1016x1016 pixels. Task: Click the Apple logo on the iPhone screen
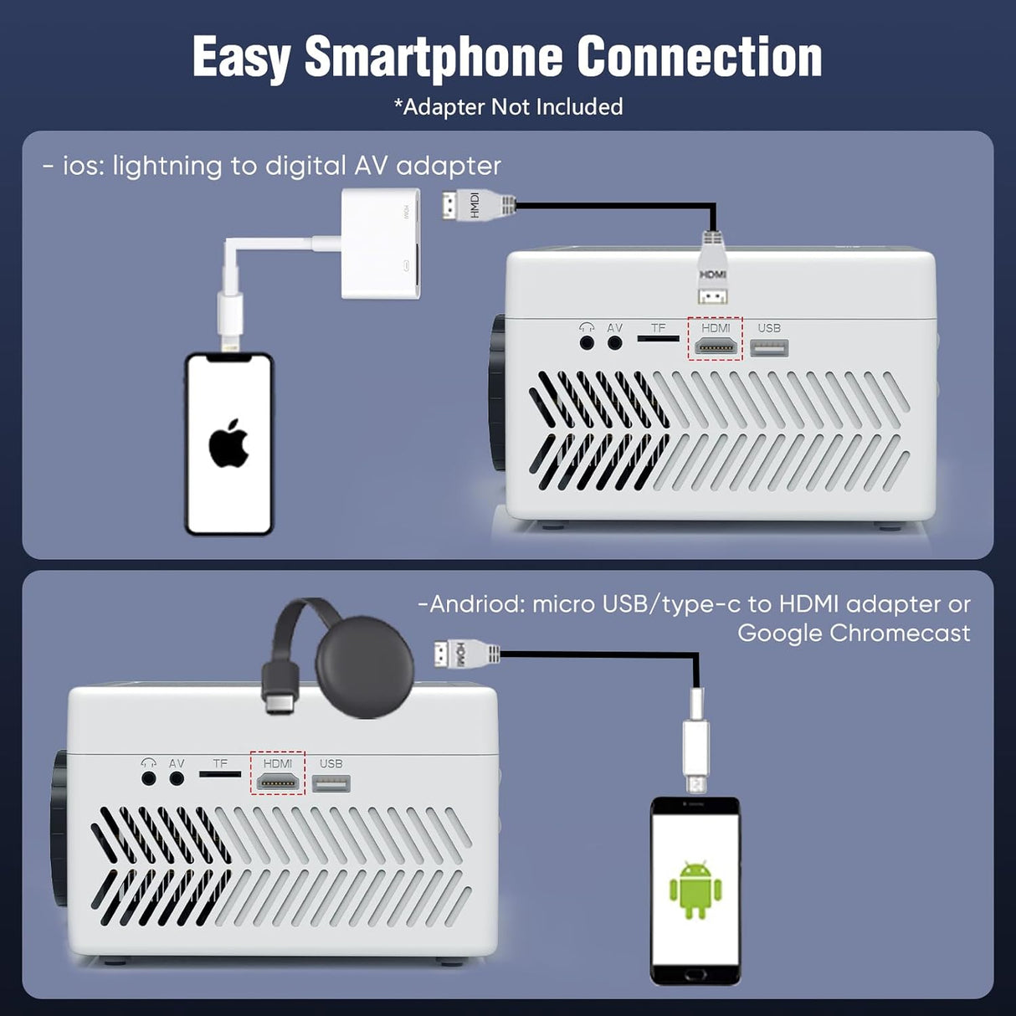228,444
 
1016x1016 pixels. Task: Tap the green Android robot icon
695,889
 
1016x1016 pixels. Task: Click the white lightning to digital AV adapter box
381,243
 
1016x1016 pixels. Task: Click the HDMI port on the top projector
716,346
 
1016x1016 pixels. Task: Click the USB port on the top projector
769,348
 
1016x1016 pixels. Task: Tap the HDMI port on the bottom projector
278,783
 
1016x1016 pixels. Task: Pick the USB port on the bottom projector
331,783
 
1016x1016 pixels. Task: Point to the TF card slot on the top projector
659,339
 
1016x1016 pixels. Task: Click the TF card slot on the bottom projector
220,774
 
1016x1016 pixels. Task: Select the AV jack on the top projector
615,341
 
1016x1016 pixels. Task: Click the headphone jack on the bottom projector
149,777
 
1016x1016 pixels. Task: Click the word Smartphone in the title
434,57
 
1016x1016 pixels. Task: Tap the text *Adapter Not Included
508,107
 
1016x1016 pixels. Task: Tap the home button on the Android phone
695,975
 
